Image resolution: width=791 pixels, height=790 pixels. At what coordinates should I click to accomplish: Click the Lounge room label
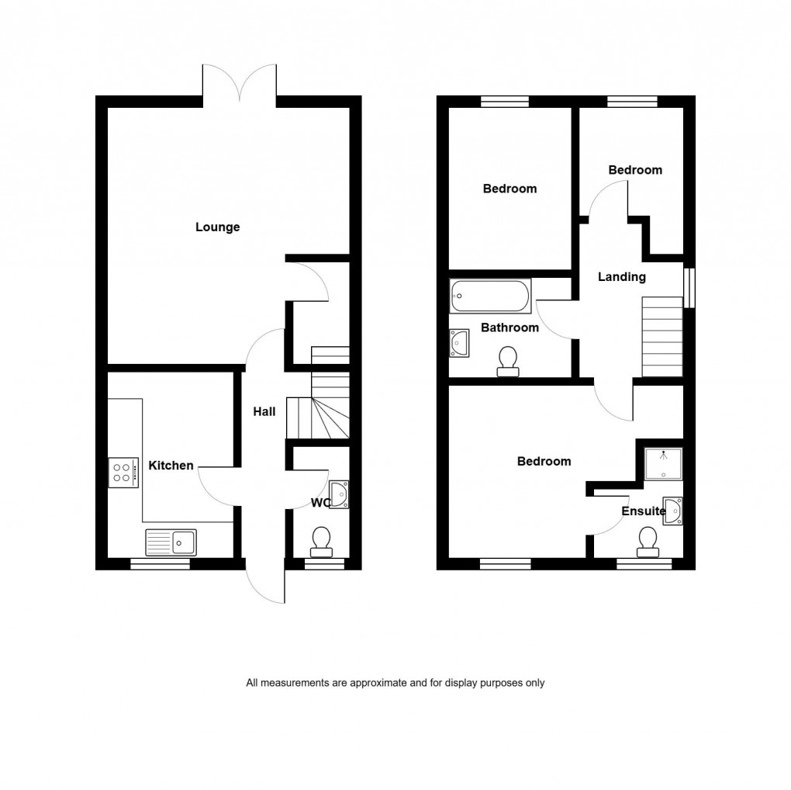(x=217, y=227)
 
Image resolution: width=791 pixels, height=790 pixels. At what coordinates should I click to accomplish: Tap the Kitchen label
(x=171, y=466)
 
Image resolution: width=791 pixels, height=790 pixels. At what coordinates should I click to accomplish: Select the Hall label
(x=264, y=412)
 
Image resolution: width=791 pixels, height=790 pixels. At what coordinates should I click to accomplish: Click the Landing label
(x=621, y=277)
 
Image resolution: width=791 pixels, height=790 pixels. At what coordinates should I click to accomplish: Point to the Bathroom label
(x=509, y=327)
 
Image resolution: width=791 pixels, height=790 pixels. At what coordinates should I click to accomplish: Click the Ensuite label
(x=643, y=511)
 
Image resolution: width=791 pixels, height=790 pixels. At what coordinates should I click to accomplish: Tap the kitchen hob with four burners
(x=123, y=472)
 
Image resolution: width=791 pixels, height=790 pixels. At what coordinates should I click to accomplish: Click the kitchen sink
(x=171, y=541)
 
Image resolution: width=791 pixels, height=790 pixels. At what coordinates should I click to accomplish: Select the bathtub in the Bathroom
(x=490, y=295)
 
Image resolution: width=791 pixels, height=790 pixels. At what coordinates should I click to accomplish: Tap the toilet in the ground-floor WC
(x=320, y=542)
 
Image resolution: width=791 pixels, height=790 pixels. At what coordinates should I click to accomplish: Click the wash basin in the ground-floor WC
(x=340, y=494)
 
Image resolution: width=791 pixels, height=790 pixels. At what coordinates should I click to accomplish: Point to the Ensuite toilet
(x=647, y=541)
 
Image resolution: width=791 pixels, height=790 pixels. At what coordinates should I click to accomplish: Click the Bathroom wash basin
(x=459, y=342)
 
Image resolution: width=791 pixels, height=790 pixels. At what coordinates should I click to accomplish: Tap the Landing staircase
(x=662, y=338)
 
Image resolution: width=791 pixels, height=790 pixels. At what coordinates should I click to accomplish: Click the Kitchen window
(x=160, y=564)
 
